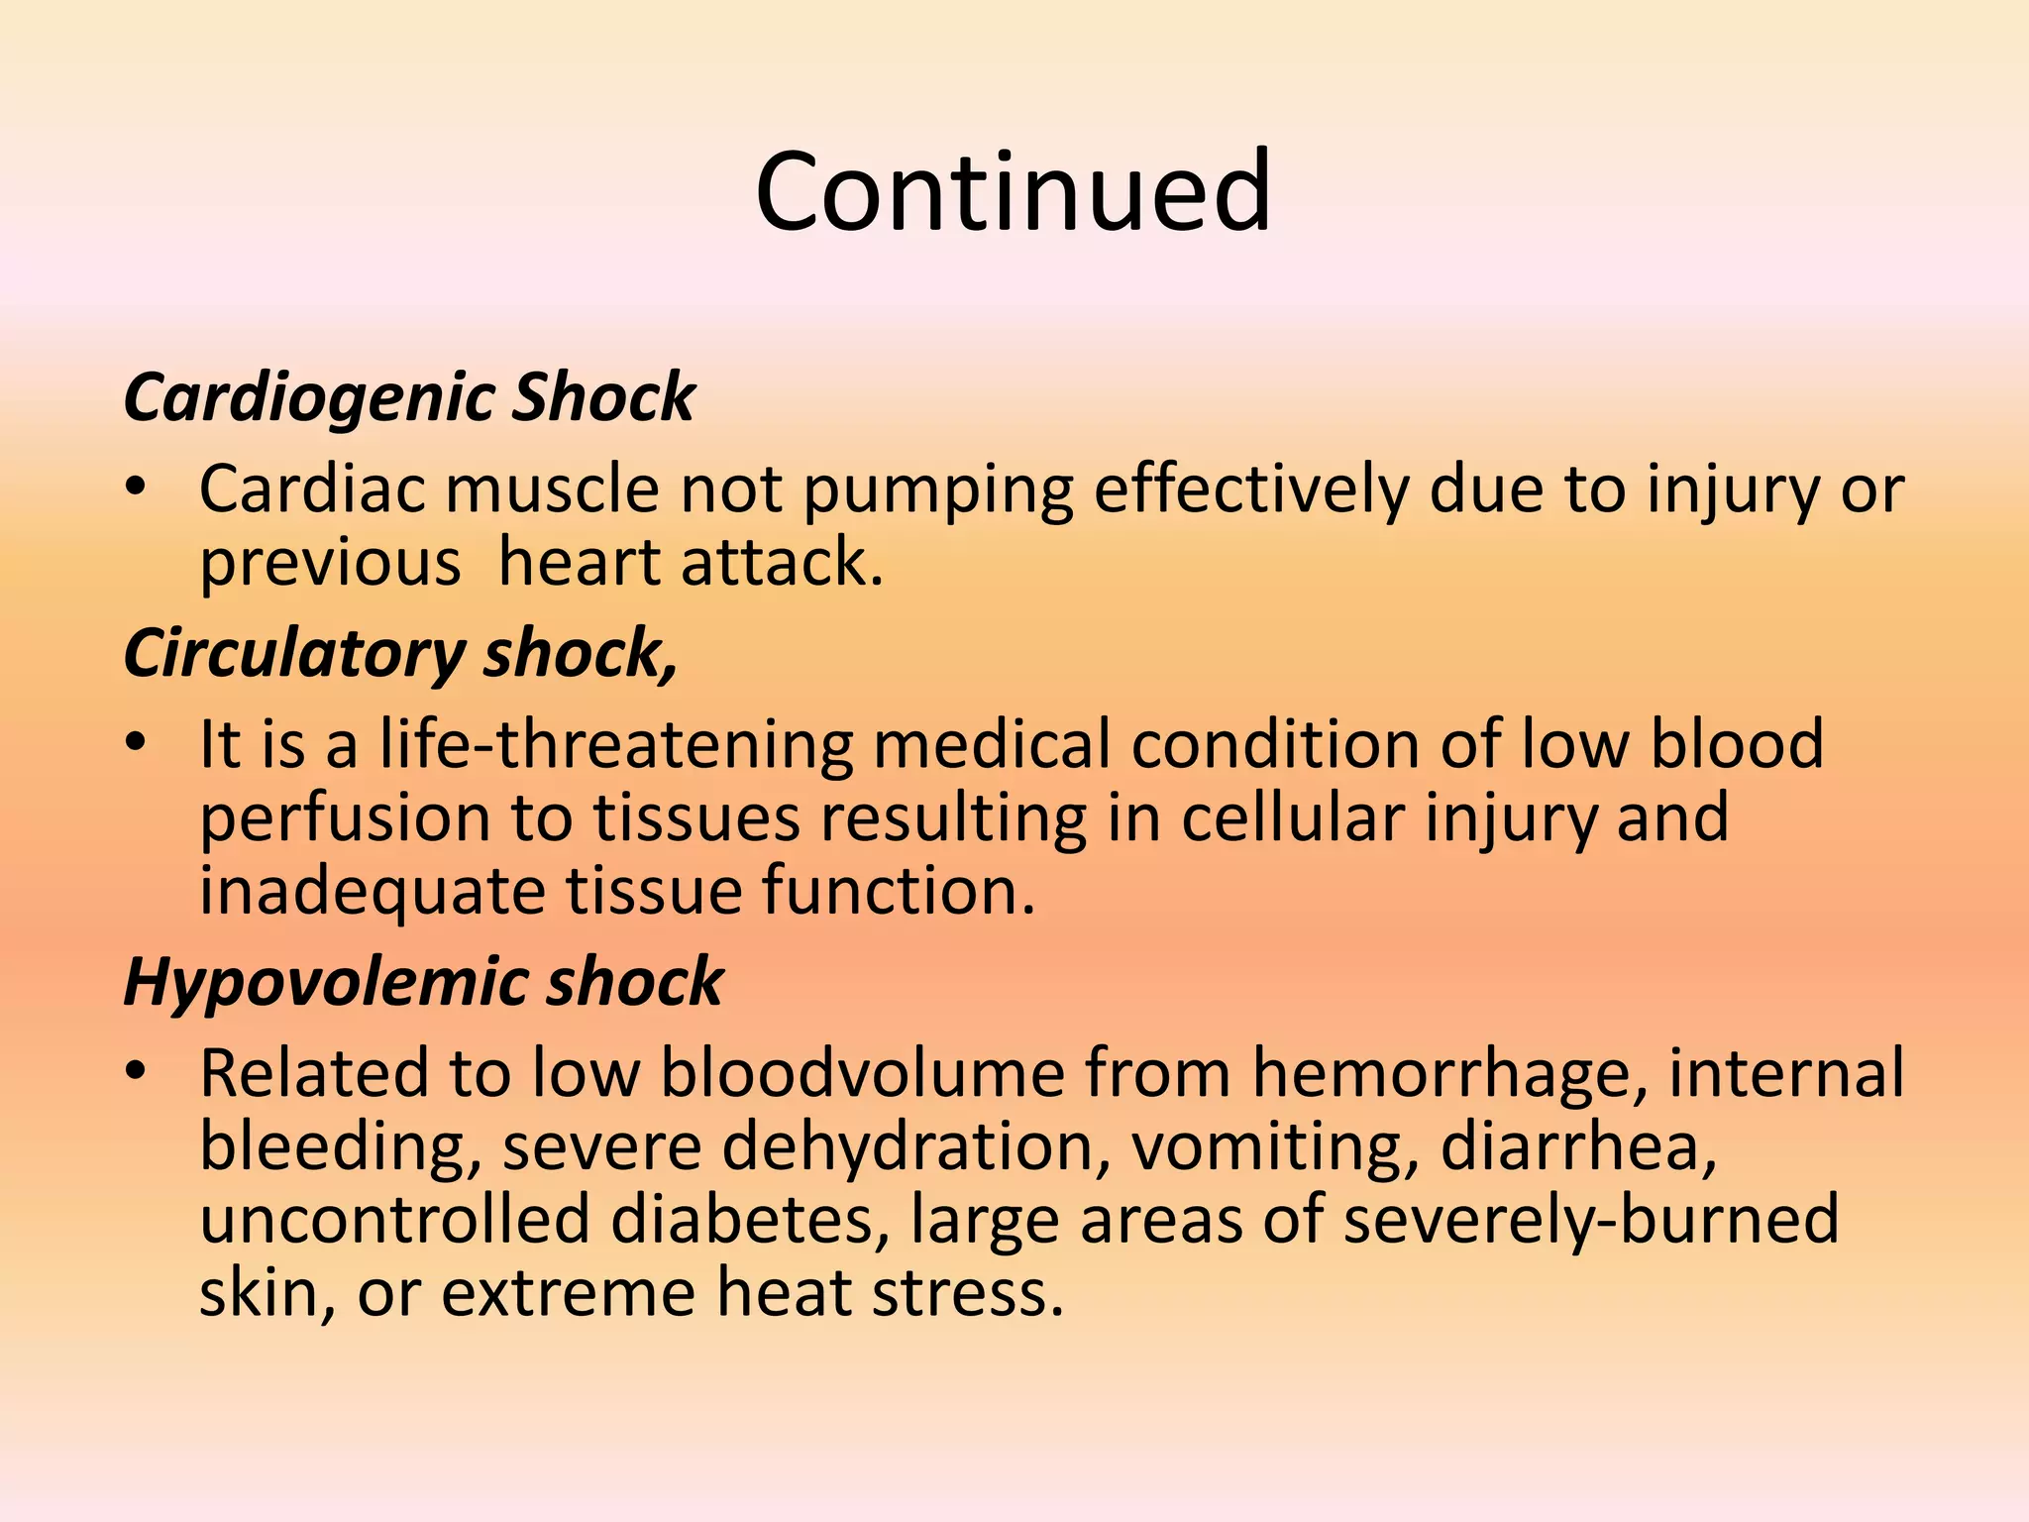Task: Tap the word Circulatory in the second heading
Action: (294, 654)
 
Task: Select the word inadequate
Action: (373, 892)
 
